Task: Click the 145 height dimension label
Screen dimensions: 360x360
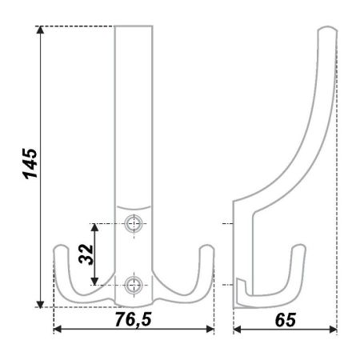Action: [30, 163]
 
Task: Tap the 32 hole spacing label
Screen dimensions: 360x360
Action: [86, 254]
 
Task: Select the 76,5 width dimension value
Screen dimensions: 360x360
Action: [133, 319]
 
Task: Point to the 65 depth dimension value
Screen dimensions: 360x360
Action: [286, 320]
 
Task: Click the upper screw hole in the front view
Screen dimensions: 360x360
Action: [134, 223]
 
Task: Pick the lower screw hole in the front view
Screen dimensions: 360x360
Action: [134, 285]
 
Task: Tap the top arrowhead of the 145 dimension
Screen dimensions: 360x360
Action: [40, 30]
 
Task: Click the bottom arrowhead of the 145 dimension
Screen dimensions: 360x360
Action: [40, 304]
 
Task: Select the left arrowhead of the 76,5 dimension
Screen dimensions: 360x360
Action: [58, 330]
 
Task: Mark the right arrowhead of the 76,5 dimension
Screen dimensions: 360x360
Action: [210, 330]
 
